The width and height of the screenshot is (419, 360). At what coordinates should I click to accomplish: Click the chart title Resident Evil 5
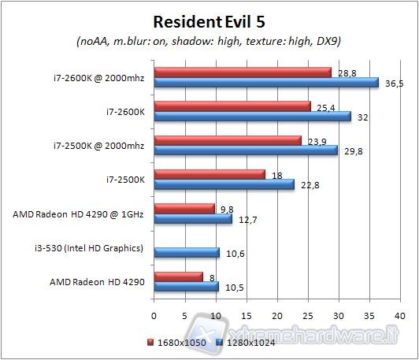tap(209, 20)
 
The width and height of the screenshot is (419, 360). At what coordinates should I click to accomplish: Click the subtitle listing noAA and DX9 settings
tap(209, 41)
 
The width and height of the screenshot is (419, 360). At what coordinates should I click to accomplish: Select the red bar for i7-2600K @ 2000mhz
tap(243, 72)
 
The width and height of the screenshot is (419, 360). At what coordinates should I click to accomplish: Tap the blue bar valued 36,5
tap(266, 82)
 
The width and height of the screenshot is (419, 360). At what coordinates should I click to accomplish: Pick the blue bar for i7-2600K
tap(252, 116)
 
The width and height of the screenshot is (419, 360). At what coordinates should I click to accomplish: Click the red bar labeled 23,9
tap(228, 140)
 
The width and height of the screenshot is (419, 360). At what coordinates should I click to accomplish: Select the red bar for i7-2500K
tap(209, 174)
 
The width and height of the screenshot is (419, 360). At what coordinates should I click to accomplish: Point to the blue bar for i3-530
tap(187, 253)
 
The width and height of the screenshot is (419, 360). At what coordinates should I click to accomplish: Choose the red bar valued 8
tap(179, 276)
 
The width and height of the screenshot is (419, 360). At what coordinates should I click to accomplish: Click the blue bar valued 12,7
tap(193, 219)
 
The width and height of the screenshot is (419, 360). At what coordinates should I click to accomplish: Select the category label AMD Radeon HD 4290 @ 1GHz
tap(79, 213)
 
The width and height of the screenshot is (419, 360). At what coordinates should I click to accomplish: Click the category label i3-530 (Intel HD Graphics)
tap(95, 248)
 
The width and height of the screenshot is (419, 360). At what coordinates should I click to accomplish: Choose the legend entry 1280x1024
tap(242, 342)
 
